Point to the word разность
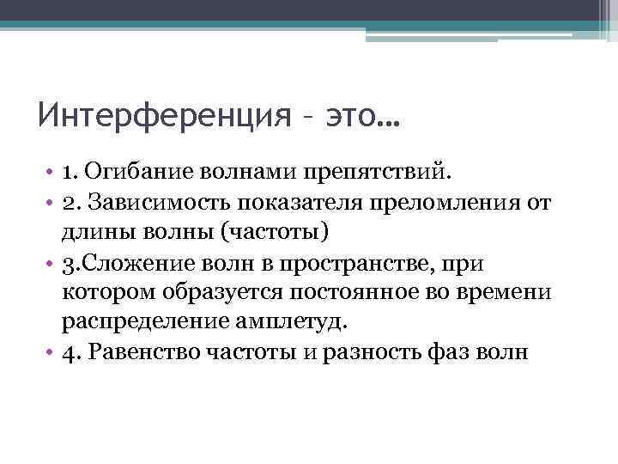coord(373,352)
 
